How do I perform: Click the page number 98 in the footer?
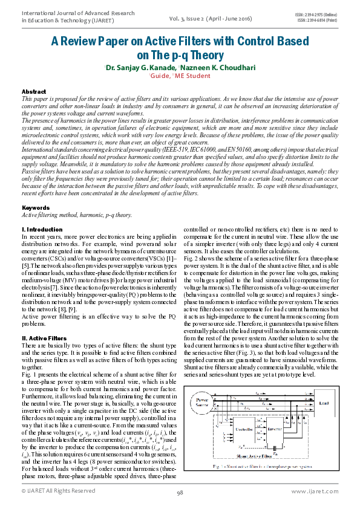coord(180,493)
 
